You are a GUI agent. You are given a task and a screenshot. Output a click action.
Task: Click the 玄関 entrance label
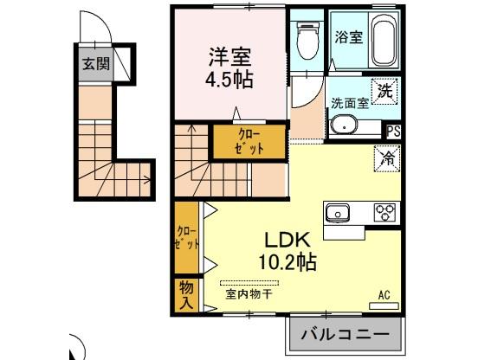91,63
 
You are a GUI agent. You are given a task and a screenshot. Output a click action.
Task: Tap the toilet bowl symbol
307,38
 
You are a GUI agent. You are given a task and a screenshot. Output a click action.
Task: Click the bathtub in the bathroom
385,41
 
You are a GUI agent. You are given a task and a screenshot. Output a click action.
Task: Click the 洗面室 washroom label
350,102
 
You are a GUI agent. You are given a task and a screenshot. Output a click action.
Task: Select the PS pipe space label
393,132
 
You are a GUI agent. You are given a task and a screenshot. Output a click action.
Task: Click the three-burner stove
384,211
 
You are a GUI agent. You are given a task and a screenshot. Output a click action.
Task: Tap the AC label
384,294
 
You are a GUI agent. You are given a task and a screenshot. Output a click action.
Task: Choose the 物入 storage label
186,294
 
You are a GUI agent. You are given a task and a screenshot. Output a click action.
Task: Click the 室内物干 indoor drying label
249,294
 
